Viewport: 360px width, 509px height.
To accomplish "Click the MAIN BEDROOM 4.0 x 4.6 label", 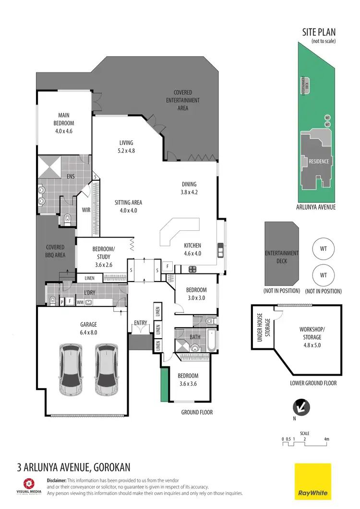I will point(64,123).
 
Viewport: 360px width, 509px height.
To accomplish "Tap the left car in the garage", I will point(71,367).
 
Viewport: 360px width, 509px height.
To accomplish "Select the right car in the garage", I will point(107,367).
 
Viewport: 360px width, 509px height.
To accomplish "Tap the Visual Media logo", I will point(29,486).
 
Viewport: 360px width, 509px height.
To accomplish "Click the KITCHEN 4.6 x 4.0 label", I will point(192,249).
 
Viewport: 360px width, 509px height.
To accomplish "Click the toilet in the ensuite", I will point(67,220).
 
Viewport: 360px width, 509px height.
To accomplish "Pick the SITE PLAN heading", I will point(318,33).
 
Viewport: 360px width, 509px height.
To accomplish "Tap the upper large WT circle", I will point(323,249).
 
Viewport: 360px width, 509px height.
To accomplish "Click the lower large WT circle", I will point(323,275).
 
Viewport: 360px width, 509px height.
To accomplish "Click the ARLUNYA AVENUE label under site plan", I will point(315,207).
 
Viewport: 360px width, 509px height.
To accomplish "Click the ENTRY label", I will point(140,323).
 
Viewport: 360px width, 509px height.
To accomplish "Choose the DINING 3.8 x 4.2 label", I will point(189,188).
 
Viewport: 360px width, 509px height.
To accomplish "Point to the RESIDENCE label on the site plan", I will point(319,161).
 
